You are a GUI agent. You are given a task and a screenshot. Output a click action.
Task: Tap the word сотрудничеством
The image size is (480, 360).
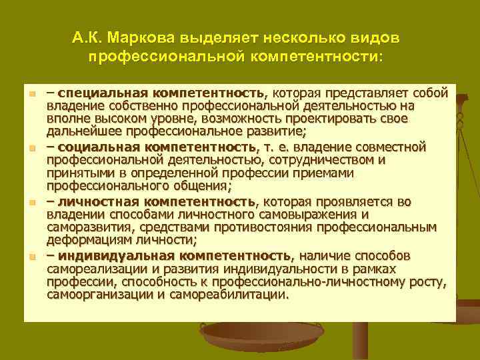point(309,159)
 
